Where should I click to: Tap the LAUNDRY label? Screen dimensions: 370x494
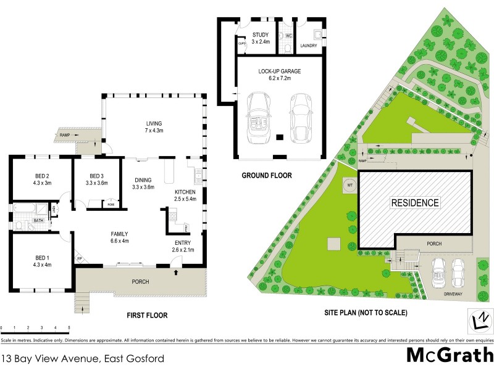point(308,46)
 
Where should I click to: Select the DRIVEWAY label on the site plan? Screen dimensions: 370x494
point(453,294)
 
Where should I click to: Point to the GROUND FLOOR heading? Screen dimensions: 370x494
point(267,176)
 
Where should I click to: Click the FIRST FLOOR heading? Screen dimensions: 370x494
point(147,315)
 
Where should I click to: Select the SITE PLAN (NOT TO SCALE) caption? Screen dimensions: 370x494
point(366,313)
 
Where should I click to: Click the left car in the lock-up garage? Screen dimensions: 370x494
point(255,117)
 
